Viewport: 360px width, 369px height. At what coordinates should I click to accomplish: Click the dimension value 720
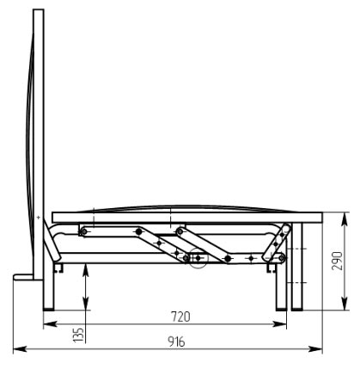tap(180, 317)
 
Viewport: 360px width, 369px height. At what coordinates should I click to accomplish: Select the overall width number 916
tap(176, 341)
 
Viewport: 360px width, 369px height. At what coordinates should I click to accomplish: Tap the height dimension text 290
tap(338, 261)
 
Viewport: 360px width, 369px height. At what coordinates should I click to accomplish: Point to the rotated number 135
tap(78, 335)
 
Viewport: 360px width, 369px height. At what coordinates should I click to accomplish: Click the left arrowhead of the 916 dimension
tap(20, 349)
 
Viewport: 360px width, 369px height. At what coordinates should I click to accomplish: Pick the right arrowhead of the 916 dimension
tap(315, 349)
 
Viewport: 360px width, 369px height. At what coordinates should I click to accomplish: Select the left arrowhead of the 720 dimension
tap(50, 324)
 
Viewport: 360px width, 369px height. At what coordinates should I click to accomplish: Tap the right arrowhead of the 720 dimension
tap(279, 324)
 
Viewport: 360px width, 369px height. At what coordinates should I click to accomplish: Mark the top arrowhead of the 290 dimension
tap(345, 219)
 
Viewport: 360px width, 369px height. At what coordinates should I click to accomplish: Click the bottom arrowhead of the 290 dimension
tap(345, 304)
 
